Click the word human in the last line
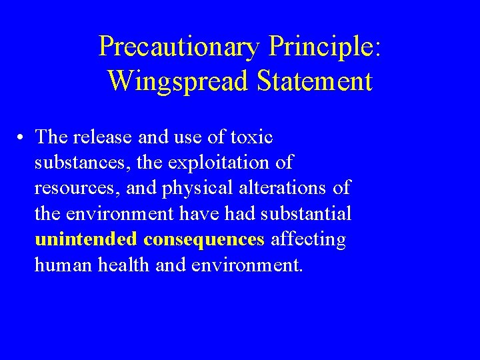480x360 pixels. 62,265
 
